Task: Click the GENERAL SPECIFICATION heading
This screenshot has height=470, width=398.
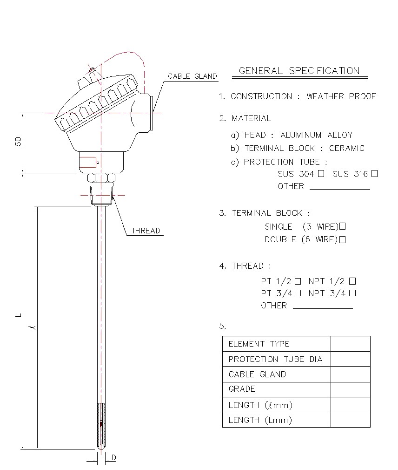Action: [x=299, y=71]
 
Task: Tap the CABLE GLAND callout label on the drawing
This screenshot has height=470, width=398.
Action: [x=192, y=76]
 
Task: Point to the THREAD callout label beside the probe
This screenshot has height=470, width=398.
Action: [x=146, y=231]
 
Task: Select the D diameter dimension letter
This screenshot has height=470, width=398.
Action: [x=113, y=458]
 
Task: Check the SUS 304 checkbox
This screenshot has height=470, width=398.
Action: [x=321, y=174]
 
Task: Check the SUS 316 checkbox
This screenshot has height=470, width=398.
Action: [x=374, y=174]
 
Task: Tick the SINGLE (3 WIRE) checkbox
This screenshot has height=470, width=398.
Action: [x=343, y=227]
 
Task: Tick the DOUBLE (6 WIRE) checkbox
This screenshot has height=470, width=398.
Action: [x=343, y=240]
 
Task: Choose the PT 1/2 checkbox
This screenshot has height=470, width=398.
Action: [x=298, y=281]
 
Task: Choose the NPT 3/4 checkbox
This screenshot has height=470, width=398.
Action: [x=352, y=293]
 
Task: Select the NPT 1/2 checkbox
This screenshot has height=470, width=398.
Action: [x=352, y=281]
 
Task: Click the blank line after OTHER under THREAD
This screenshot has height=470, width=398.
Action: [x=322, y=307]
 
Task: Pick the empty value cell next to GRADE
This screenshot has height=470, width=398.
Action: [x=350, y=389]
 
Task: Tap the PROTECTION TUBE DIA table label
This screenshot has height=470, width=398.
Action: [x=275, y=359]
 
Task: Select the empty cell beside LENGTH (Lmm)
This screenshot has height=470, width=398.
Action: [x=350, y=420]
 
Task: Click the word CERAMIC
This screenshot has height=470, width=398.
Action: [x=347, y=148]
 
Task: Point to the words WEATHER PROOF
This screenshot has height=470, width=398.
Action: [x=341, y=96]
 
